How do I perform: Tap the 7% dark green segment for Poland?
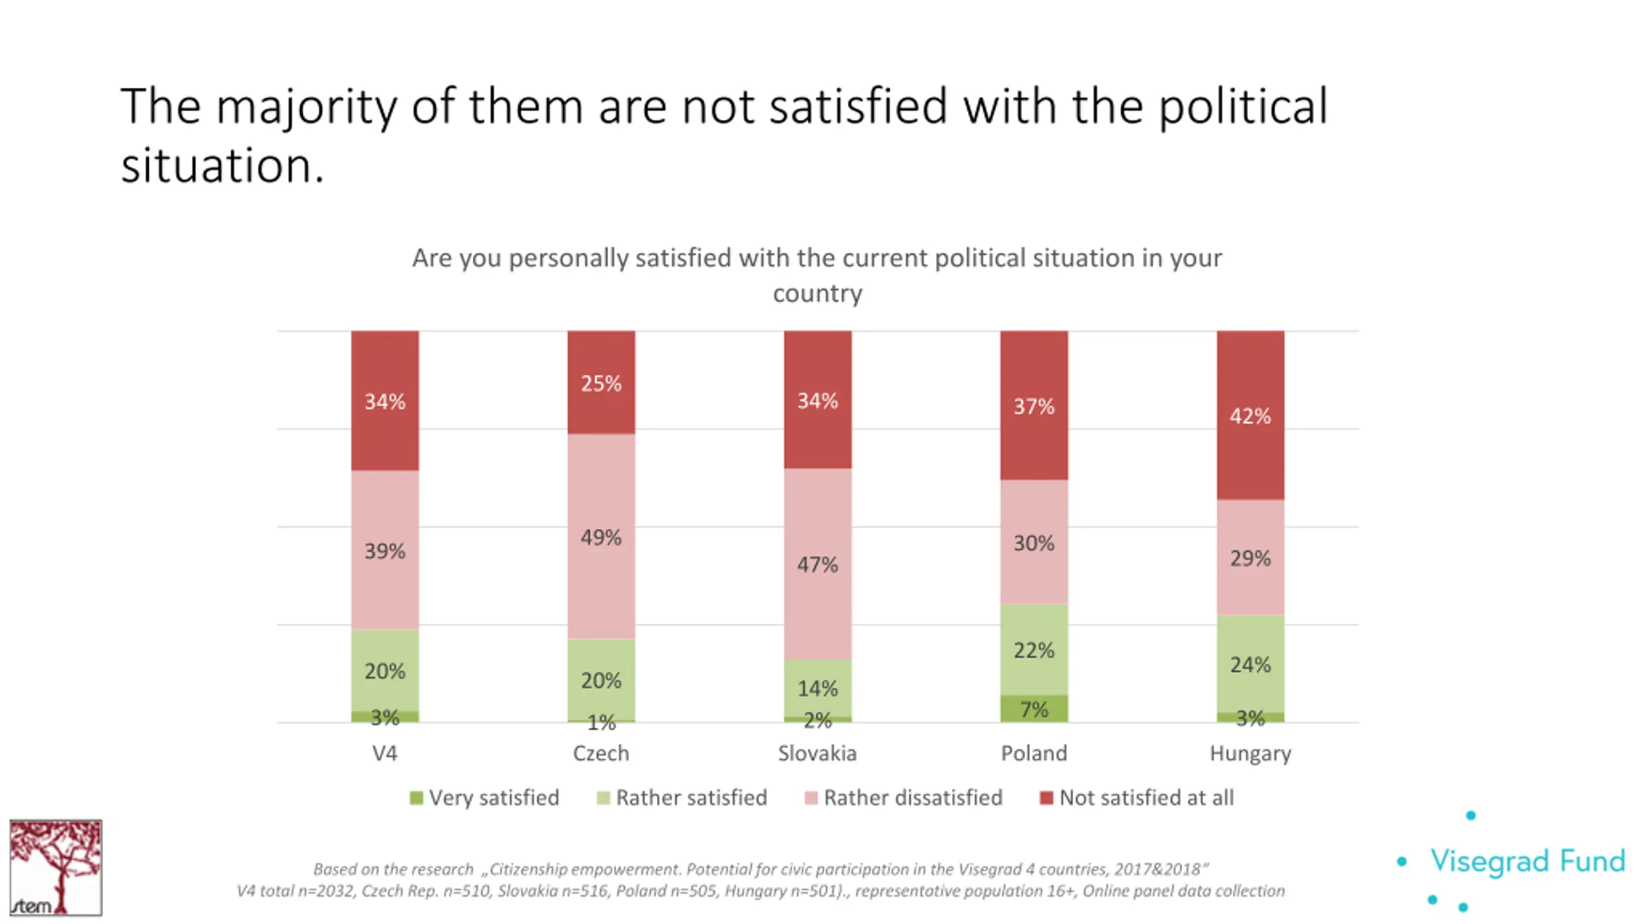(x=1034, y=709)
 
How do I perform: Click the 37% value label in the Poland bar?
(x=1034, y=406)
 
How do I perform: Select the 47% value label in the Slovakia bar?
(x=817, y=565)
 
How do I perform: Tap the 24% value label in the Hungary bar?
(x=1250, y=665)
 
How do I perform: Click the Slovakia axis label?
(x=817, y=753)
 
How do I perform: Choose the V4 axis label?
(x=385, y=753)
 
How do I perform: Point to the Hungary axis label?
(x=1250, y=753)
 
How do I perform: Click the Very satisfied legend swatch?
(x=416, y=798)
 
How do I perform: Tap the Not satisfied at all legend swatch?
(x=1046, y=798)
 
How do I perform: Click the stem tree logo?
(x=56, y=867)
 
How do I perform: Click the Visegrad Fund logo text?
(x=1528, y=861)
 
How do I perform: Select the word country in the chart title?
(x=817, y=293)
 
